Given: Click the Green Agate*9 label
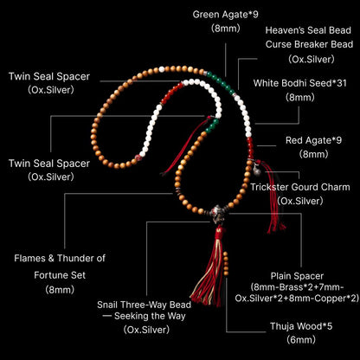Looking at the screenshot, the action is click(x=225, y=15).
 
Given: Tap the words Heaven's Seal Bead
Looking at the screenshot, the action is click(x=308, y=30).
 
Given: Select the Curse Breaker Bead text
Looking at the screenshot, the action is click(x=309, y=44).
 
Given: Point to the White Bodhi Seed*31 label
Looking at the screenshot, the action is click(x=299, y=83).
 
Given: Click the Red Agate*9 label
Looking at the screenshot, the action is click(x=313, y=140).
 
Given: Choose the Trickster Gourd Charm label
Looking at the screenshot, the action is click(x=300, y=187).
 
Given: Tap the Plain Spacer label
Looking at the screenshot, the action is click(x=297, y=276).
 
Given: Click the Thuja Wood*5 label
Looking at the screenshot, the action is click(x=301, y=326).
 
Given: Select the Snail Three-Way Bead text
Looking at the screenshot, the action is click(x=144, y=305).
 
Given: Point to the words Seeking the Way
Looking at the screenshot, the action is click(x=150, y=316).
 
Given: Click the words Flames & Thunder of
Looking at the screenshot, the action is click(x=60, y=258).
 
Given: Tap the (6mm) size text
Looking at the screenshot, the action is click(x=301, y=340).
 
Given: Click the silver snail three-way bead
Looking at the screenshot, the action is click(x=217, y=214).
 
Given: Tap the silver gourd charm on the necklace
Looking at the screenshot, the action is click(x=256, y=170).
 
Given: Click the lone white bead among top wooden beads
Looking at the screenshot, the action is click(x=162, y=69).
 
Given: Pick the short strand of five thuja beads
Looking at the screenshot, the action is click(x=226, y=263).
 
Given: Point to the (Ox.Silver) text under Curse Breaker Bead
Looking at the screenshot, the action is click(x=312, y=59).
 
